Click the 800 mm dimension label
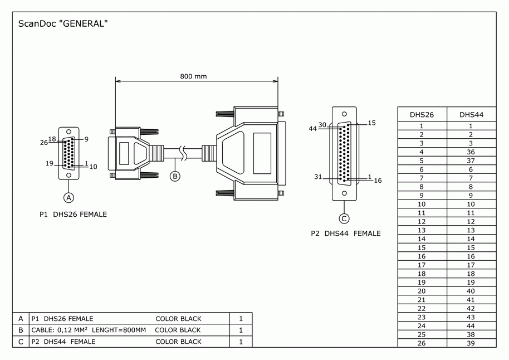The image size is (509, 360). pos(193,76)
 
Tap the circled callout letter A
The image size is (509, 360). pos(69,197)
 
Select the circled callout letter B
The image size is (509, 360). pos(175,176)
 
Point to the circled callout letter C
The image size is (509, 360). pos(345,218)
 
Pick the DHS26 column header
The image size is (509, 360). pos(422,115)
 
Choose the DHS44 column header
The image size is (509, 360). pos(471,115)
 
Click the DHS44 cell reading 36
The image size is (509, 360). pos(471,152)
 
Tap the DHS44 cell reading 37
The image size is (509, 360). pos(471,160)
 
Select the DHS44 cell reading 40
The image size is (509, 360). pos(471,291)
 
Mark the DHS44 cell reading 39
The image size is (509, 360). pos(471,343)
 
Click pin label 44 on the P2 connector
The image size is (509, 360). pos(313,129)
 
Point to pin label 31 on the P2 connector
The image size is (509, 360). pos(318,177)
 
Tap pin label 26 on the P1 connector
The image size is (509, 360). pos(44,143)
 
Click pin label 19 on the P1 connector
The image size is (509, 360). pos(49,164)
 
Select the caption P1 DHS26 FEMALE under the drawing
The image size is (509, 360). pos(73,214)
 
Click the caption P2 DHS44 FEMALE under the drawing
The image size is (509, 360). pos(345,233)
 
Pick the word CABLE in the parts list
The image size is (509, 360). pos(42,330)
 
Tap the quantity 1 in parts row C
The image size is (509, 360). pos(241,342)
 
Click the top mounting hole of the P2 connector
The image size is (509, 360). pos(344,112)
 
